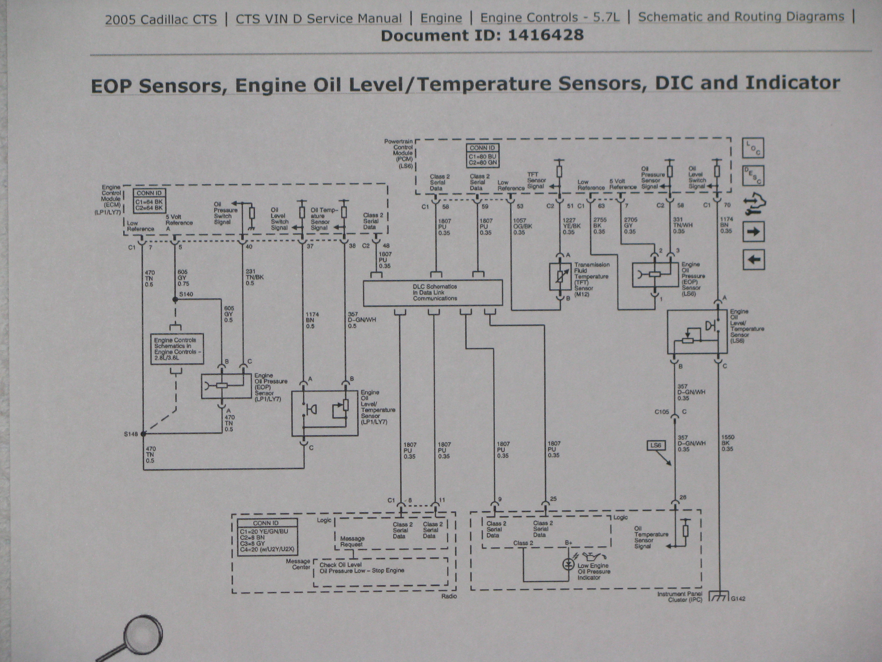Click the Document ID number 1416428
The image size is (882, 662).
pyautogui.click(x=546, y=35)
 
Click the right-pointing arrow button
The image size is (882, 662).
pyautogui.click(x=753, y=231)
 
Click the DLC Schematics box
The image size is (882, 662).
pyautogui.click(x=433, y=293)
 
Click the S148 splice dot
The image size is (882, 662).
pyautogui.click(x=143, y=433)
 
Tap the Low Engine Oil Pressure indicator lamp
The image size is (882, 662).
pyautogui.click(x=568, y=564)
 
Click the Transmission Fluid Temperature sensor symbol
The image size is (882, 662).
pyautogui.click(x=560, y=276)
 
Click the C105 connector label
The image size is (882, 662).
pyautogui.click(x=661, y=412)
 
